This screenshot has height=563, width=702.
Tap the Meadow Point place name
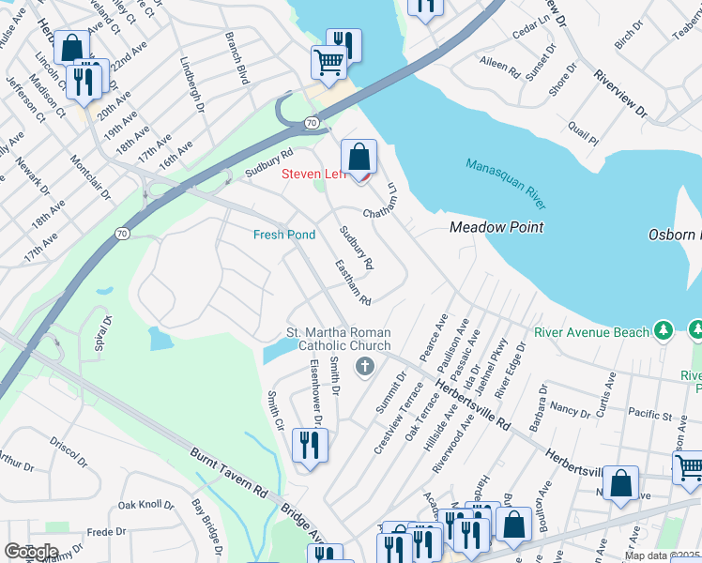point(496,227)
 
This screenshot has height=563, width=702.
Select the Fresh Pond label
point(284,235)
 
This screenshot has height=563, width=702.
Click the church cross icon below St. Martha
point(359,366)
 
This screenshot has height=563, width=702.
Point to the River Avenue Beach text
point(591,331)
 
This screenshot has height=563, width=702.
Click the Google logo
point(31,552)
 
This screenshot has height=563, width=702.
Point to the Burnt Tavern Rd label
point(230,473)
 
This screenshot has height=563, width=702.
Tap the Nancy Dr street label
point(570,409)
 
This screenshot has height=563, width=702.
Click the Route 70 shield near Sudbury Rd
point(311,122)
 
